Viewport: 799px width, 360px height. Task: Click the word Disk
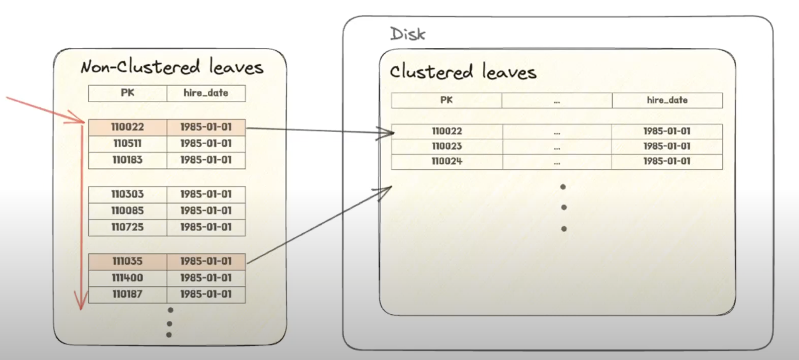408,34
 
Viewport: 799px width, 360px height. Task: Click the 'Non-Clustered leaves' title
172,67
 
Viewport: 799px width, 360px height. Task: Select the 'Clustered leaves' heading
463,72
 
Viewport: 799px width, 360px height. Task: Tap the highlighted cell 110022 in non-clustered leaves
128,127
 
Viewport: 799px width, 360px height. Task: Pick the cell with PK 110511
128,143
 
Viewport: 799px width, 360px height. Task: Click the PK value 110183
128,160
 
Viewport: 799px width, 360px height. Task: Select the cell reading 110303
128,194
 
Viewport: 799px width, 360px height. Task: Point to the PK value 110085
128,211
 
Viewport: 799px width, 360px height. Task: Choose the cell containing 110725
128,227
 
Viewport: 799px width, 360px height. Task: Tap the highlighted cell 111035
128,261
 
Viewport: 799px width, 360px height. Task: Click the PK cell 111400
128,278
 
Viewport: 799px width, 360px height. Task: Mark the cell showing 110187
128,294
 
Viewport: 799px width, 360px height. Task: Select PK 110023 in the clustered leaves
447,146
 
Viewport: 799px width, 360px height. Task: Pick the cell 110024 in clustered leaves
447,161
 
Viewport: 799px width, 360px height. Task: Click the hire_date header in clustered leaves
667,100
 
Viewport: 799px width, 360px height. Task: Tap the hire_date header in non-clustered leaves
206,93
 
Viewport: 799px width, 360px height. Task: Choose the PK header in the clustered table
447,100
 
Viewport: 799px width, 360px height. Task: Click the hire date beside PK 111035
206,261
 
